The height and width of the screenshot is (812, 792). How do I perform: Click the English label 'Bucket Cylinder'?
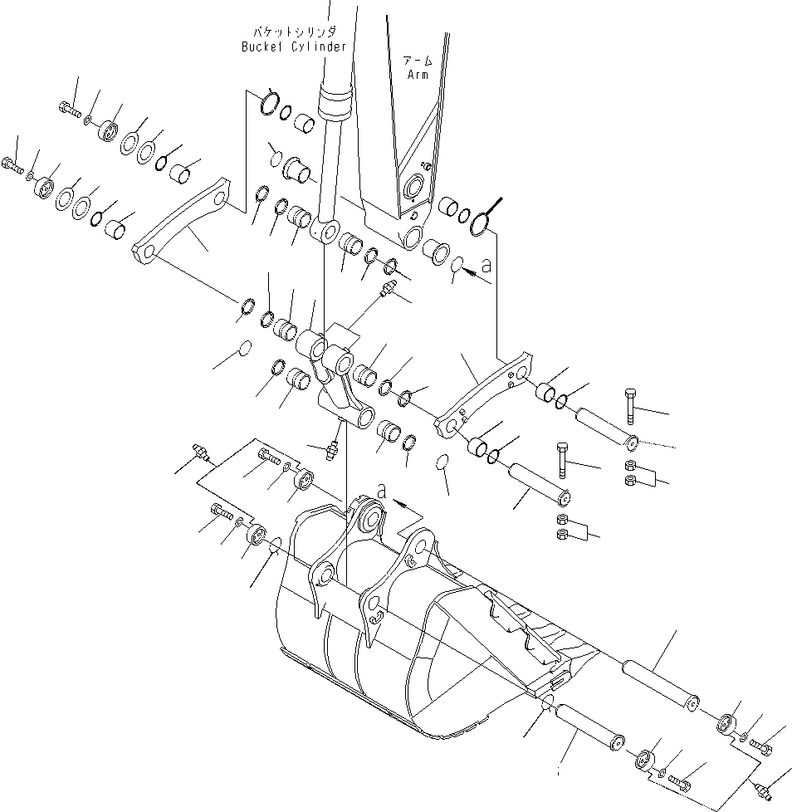(x=293, y=46)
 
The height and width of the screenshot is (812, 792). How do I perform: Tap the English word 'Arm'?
(x=418, y=74)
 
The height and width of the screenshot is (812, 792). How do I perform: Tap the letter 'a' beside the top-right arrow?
(x=486, y=267)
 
